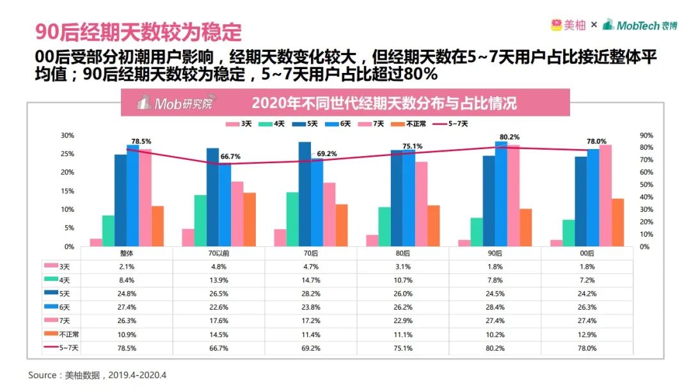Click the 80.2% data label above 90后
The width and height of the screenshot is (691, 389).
click(510, 137)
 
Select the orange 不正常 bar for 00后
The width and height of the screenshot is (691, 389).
click(617, 223)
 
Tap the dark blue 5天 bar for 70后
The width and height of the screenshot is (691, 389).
click(305, 194)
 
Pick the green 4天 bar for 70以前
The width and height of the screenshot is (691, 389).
click(200, 221)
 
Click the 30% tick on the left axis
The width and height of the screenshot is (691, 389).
click(67, 136)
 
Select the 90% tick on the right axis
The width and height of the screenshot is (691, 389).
click(646, 136)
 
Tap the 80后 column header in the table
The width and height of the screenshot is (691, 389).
click(403, 253)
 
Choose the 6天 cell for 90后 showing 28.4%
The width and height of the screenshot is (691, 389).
click(495, 307)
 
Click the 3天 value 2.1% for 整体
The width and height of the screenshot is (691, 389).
click(127, 266)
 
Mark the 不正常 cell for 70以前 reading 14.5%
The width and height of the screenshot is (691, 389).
click(219, 335)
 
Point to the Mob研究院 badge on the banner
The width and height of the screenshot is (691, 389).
click(175, 103)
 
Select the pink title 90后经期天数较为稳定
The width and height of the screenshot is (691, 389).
click(138, 30)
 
